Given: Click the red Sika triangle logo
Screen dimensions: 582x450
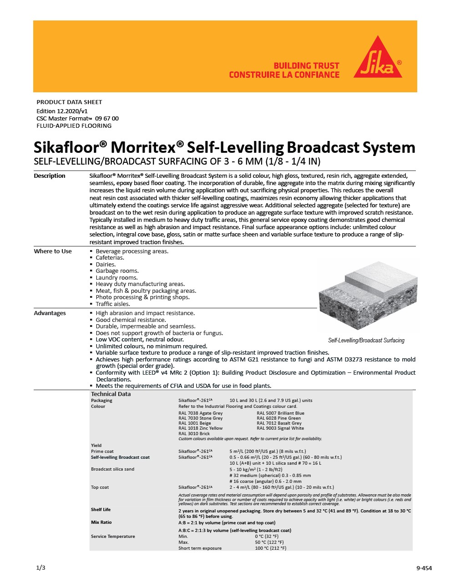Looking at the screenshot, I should (378, 60).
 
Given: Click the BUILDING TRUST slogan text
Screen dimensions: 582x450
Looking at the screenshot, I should (306, 66).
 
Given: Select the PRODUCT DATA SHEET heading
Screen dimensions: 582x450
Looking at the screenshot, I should (69, 102).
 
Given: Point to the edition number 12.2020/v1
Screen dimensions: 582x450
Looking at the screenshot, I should (72, 111).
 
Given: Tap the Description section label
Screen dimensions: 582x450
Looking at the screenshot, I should (50, 176).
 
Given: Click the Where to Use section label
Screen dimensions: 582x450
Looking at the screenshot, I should (53, 251).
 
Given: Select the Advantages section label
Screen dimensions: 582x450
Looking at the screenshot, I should (50, 313).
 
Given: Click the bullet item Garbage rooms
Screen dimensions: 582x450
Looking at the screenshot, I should (117, 271).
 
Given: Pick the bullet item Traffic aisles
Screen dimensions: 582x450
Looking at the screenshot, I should (113, 304).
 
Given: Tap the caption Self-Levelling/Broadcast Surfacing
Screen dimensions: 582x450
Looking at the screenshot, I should (366, 341).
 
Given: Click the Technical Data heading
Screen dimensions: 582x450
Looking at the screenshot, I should (111, 394).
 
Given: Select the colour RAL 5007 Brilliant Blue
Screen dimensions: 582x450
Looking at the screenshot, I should (280, 413).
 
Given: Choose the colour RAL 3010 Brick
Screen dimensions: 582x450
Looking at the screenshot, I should (194, 434).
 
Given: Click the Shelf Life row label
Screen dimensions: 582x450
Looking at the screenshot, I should (101, 510).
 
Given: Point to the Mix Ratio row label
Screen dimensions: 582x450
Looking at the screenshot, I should (101, 522).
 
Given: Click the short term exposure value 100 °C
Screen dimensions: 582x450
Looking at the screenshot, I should (271, 548).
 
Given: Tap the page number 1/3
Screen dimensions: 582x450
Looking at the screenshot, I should (40, 568).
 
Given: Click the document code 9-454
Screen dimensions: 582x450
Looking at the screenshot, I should (424, 568).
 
